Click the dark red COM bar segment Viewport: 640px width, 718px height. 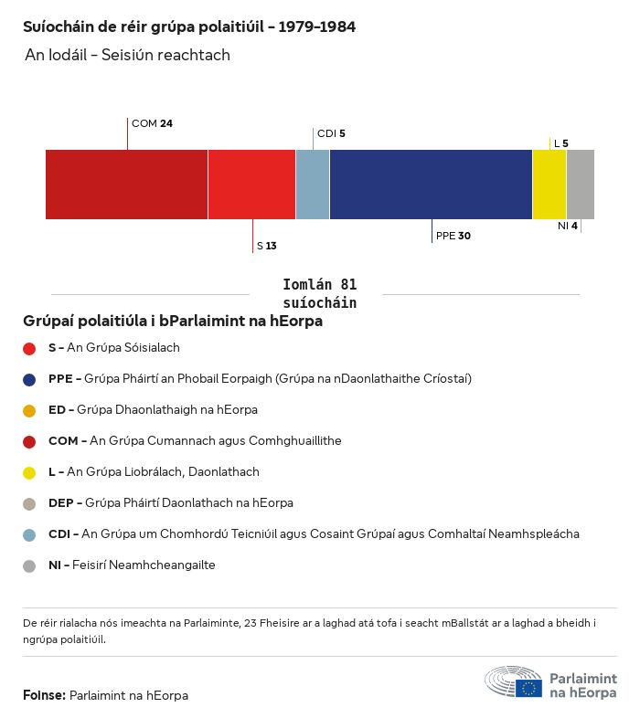126,185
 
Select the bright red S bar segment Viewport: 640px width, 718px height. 251,185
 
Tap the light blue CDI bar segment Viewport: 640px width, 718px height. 313,185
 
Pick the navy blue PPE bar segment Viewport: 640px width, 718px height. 431,185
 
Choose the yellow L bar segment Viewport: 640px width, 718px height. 549,185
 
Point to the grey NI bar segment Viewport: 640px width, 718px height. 581,185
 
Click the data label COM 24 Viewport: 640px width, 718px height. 152,123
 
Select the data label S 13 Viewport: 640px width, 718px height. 266,246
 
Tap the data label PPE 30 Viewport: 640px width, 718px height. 453,236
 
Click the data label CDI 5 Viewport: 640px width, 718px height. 331,133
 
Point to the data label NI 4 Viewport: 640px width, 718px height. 568,226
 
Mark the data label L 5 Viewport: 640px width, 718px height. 560,143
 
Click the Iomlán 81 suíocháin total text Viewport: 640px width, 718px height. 320,293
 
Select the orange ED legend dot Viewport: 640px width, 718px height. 29,410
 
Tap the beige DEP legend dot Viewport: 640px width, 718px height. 29,503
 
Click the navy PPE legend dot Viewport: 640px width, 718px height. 29,379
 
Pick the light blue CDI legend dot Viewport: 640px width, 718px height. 29,534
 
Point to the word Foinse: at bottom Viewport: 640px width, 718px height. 44,696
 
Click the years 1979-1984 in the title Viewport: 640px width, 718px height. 316,27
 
